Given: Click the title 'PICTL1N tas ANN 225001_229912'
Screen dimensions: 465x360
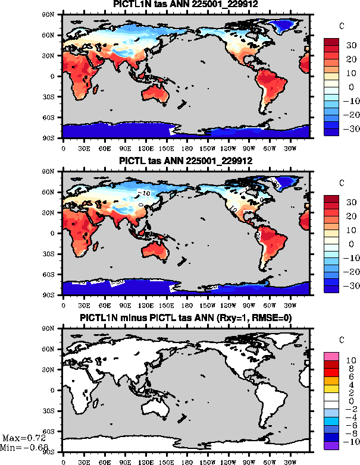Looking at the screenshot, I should [186, 5].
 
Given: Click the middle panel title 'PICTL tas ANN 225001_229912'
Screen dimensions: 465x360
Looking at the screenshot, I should [186, 161].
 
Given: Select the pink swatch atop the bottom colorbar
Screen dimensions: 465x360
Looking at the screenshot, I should [332, 356].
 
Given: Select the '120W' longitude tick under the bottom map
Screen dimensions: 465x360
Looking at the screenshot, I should [227, 460].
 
